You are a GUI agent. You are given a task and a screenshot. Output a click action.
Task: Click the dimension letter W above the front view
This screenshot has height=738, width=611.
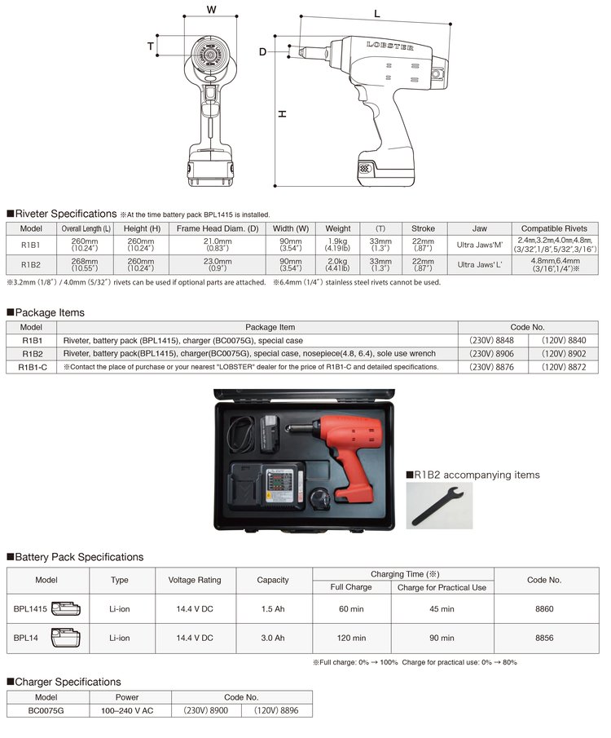pyautogui.click(x=212, y=10)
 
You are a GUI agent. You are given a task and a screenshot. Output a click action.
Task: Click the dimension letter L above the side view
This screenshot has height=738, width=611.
pyautogui.click(x=377, y=14)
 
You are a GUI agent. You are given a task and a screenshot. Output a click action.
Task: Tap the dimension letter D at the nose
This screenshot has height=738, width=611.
pyautogui.click(x=262, y=52)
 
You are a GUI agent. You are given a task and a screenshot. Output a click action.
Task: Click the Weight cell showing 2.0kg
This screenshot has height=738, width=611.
pyautogui.click(x=337, y=264)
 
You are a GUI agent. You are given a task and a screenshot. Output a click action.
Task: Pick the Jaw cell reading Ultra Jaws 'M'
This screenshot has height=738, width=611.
pyautogui.click(x=480, y=244)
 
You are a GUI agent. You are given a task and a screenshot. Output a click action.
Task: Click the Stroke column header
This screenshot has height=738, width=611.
pyautogui.click(x=423, y=228)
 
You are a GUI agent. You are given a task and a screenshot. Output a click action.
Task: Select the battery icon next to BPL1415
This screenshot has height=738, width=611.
pyautogui.click(x=67, y=608)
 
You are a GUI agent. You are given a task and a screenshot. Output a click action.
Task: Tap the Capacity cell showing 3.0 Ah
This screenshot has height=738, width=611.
pyautogui.click(x=272, y=638)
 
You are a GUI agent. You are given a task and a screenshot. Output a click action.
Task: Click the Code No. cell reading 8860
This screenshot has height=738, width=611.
pyautogui.click(x=544, y=608)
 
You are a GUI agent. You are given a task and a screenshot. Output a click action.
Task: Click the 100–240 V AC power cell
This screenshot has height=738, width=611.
pyautogui.click(x=126, y=711)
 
